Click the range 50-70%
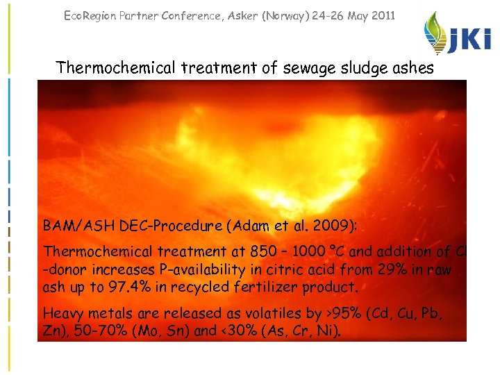(x=95, y=331)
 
